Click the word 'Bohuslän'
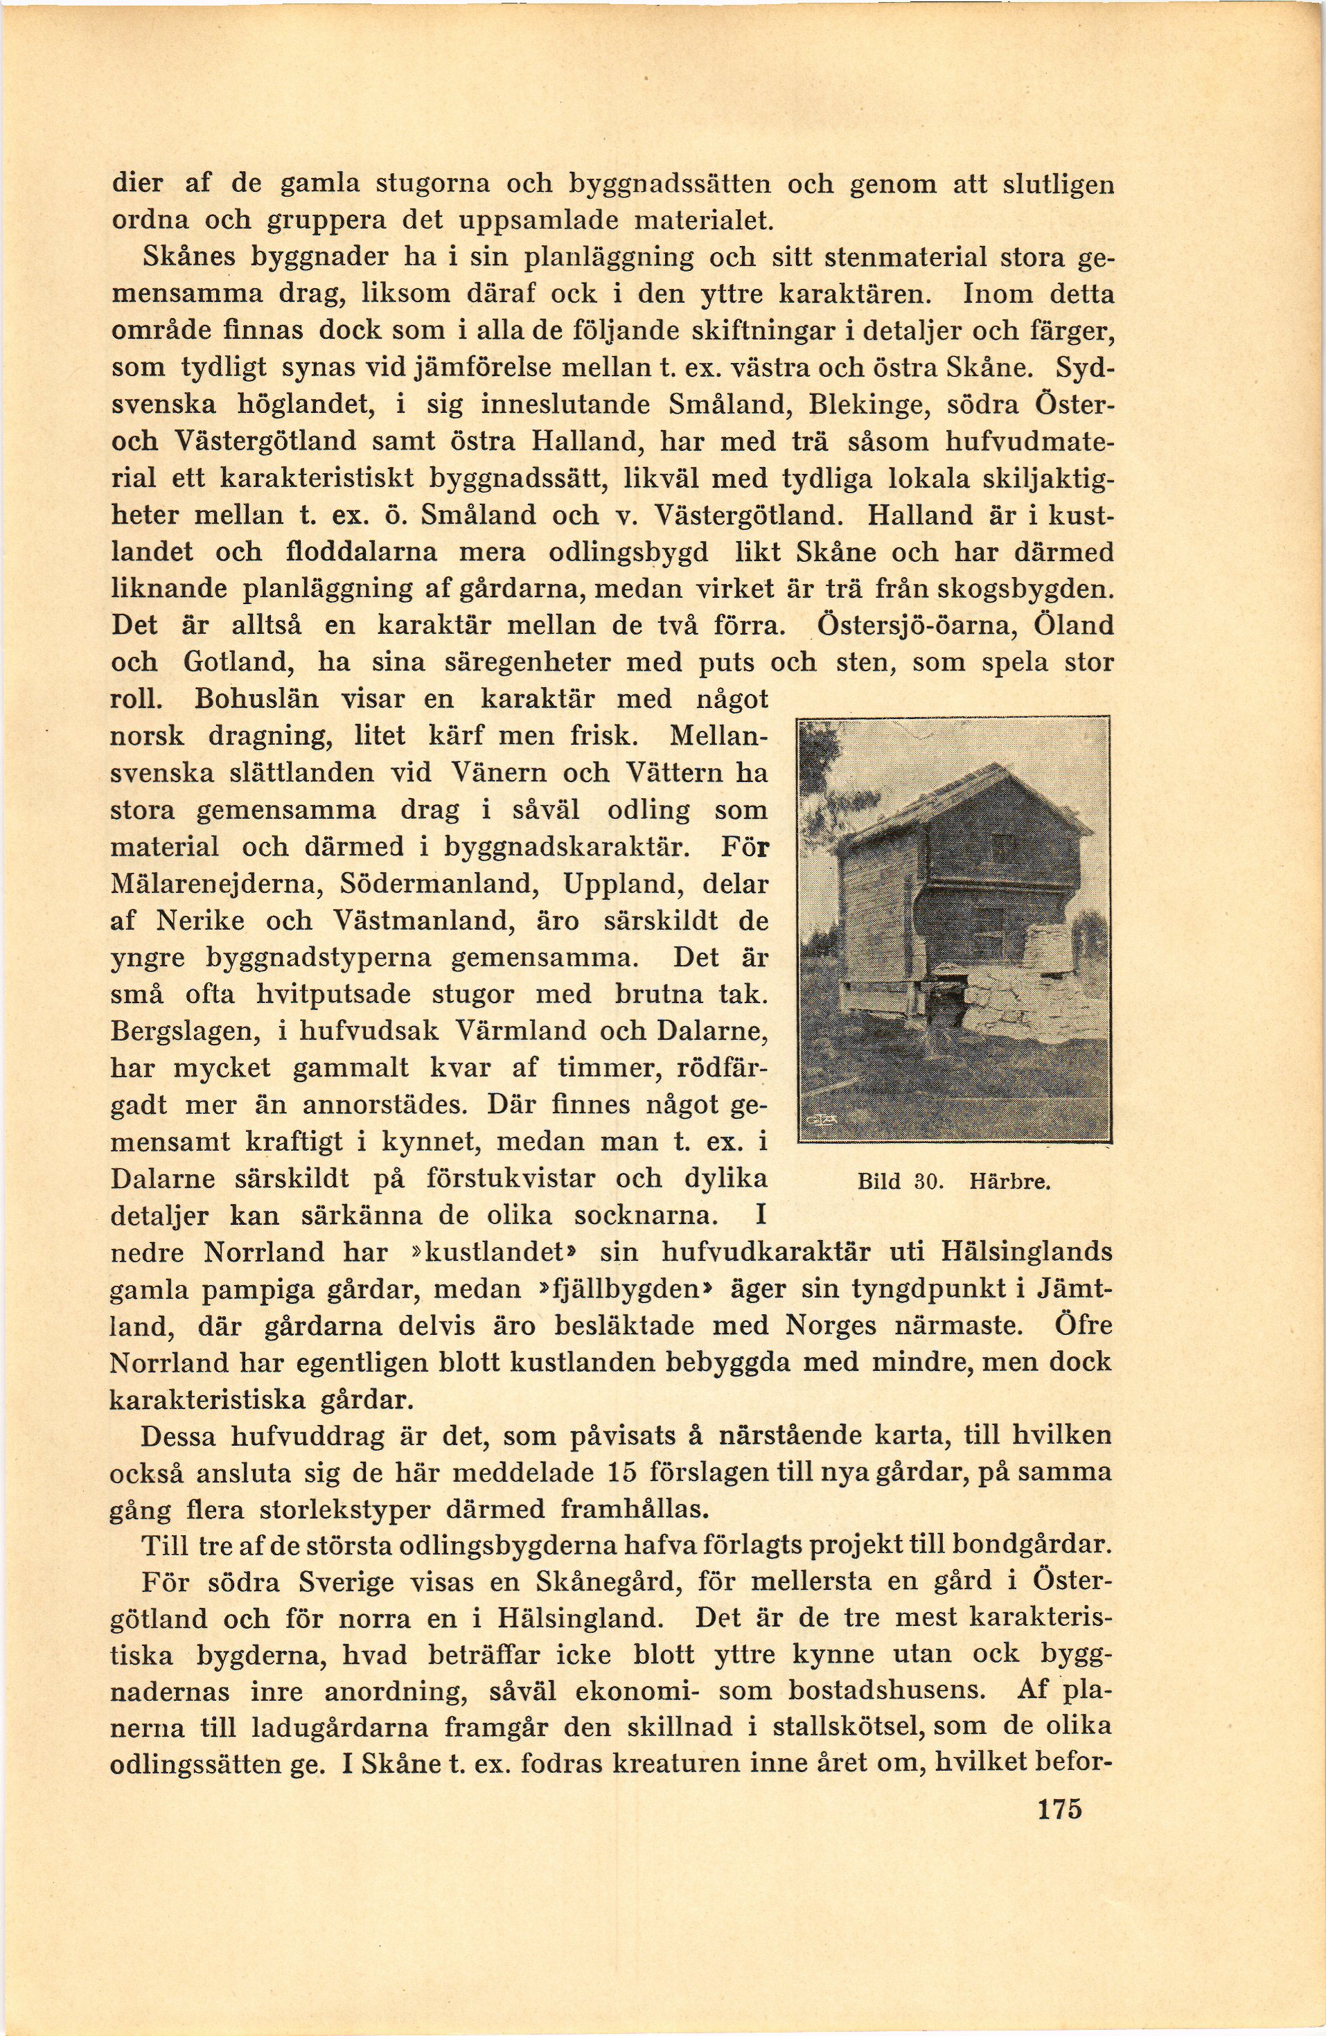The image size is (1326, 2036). pos(256,699)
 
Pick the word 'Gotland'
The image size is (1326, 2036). pos(237,662)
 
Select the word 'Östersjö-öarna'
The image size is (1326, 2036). pos(917,626)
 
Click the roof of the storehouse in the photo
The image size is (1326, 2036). pos(958,800)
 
